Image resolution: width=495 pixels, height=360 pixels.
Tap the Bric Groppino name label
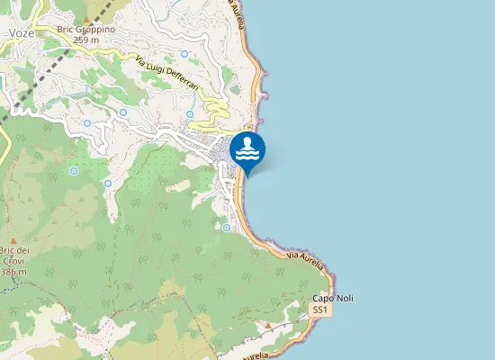click(85, 29)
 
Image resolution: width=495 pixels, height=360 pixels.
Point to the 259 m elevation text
click(85, 40)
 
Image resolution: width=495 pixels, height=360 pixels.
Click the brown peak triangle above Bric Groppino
click(86, 18)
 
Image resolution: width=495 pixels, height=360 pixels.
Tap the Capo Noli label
click(332, 298)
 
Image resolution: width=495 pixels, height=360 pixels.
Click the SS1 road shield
click(319, 310)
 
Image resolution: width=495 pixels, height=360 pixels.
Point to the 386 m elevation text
click(13, 271)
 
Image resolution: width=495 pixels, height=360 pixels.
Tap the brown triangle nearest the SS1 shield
click(267, 324)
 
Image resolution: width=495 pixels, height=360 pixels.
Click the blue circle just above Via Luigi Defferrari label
click(183, 54)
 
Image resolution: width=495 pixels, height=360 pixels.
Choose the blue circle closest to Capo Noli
click(227, 228)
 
